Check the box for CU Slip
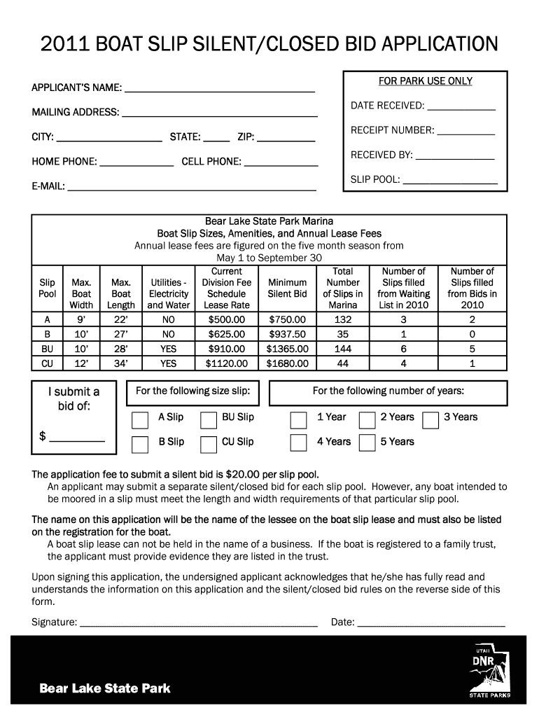pyautogui.click(x=209, y=444)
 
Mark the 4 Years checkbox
pyautogui.click(x=299, y=443)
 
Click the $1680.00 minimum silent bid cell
pyautogui.click(x=287, y=363)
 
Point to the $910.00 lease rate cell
pyautogui.click(x=227, y=348)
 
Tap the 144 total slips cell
pyautogui.click(x=343, y=348)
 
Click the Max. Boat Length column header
pyautogui.click(x=121, y=294)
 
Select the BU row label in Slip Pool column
pyautogui.click(x=47, y=348)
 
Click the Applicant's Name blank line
pyautogui.click(x=219, y=89)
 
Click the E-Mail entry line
pyautogui.click(x=191, y=188)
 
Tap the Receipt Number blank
pyautogui.click(x=465, y=131)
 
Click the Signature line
pyautogui.click(x=199, y=622)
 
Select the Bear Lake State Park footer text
pyautogui.click(x=105, y=688)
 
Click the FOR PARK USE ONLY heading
pyautogui.click(x=426, y=81)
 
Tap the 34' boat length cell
pyautogui.click(x=121, y=363)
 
